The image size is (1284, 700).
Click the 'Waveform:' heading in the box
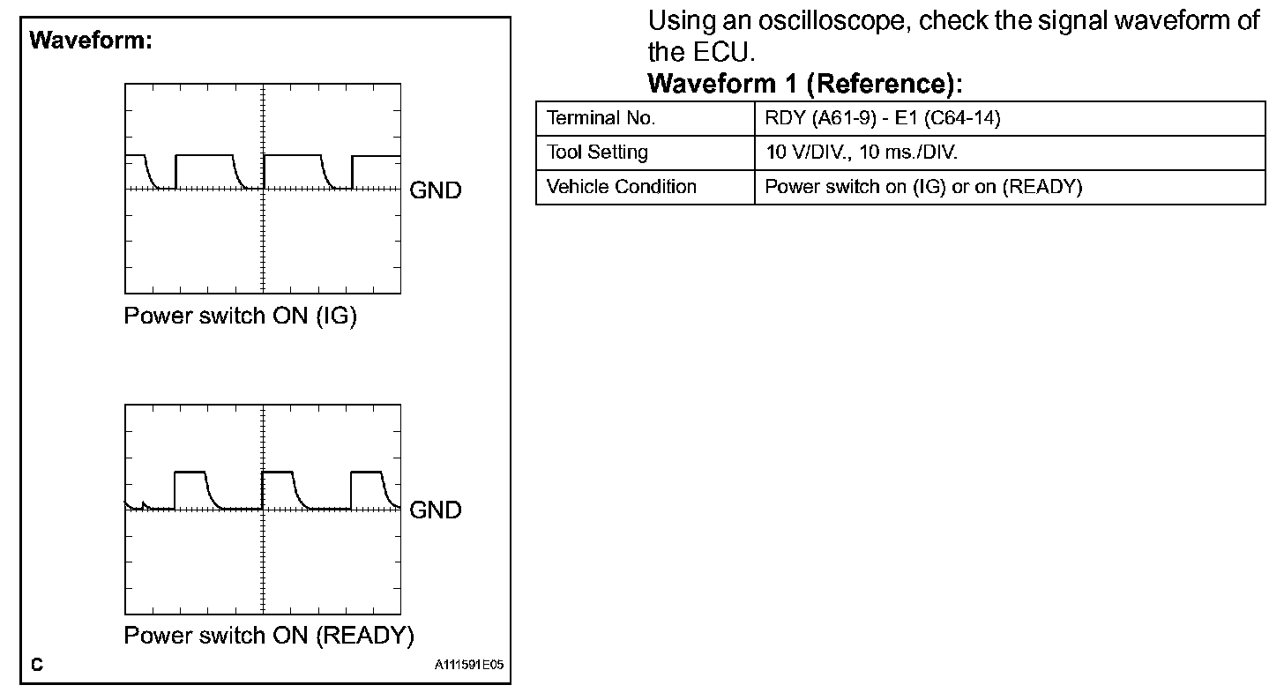tap(92, 41)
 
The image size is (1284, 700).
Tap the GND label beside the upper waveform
tap(436, 190)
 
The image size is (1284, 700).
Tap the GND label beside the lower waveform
tap(436, 510)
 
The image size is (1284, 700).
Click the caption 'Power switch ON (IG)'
tap(240, 316)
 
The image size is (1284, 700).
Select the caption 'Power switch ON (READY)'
tap(269, 636)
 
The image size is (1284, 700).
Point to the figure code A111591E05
tap(468, 665)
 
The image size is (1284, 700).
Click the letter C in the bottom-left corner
tap(37, 665)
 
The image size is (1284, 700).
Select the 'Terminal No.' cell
tap(601, 118)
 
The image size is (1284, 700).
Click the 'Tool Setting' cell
tap(597, 153)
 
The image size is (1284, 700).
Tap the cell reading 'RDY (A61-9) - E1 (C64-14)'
tap(883, 118)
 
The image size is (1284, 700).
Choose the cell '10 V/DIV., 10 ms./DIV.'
tap(862, 153)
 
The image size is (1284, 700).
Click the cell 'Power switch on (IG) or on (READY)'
tap(923, 187)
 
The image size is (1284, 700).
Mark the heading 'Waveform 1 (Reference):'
tap(804, 85)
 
